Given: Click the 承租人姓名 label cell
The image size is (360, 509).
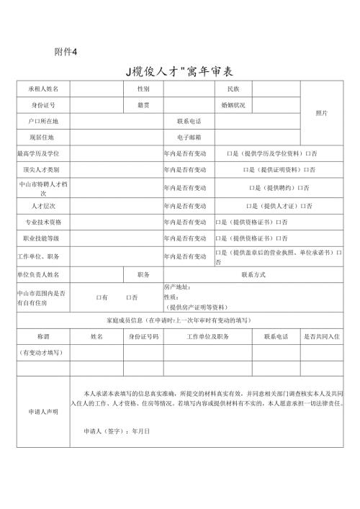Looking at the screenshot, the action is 42,89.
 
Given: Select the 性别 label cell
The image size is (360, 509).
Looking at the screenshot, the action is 143,89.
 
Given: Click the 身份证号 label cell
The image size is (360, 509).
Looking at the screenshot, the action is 42,105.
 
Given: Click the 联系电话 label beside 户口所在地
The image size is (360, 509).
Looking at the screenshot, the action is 189,121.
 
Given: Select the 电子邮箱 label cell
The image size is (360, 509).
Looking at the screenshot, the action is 189,137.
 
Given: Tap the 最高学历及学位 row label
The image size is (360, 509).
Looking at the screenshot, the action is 42,153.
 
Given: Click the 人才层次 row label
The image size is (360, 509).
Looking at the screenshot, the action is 42,206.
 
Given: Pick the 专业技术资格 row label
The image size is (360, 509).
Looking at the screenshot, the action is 42,222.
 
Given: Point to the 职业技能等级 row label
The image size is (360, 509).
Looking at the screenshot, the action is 42,238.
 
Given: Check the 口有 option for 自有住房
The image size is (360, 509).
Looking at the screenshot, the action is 102,297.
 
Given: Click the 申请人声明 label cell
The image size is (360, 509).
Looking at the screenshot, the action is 42,412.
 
